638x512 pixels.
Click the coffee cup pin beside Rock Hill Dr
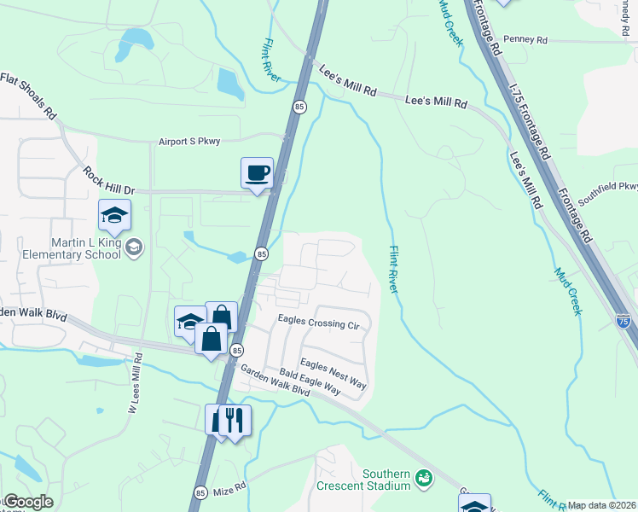click(x=257, y=173)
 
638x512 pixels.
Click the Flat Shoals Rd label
click(x=27, y=95)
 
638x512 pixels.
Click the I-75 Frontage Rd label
click(x=527, y=120)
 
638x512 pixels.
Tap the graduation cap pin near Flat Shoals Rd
click(x=113, y=216)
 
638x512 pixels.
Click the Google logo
click(x=27, y=502)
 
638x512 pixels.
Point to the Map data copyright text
click(x=602, y=505)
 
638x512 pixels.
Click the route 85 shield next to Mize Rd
click(x=200, y=492)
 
